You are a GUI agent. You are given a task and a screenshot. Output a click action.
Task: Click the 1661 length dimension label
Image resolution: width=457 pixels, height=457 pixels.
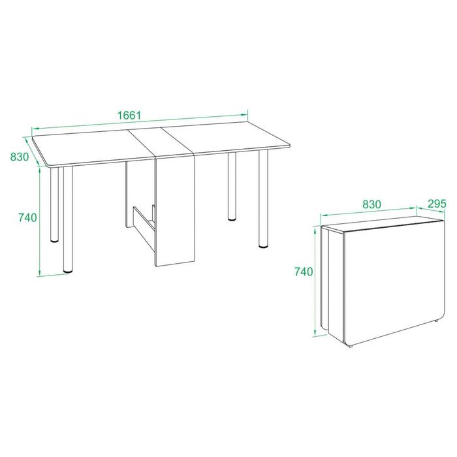(x=129, y=115)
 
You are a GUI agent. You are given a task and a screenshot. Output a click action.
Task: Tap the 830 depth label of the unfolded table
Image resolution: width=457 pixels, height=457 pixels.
(x=20, y=157)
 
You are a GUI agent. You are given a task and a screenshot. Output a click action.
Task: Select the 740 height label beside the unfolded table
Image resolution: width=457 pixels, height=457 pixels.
(x=27, y=217)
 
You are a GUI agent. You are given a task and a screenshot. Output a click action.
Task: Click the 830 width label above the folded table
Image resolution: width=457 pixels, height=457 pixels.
(x=371, y=204)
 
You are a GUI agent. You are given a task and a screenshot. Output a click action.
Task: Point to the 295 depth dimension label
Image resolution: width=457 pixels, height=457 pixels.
(x=437, y=204)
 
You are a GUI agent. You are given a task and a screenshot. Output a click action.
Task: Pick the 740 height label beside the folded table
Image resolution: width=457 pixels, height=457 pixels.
(x=304, y=272)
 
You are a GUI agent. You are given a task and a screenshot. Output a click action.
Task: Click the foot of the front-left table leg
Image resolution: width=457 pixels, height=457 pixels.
(x=68, y=271)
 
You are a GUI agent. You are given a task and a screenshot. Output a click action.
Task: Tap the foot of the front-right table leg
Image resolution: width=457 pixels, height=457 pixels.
(x=264, y=246)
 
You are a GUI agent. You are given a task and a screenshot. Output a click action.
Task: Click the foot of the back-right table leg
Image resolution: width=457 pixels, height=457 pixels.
(x=232, y=218)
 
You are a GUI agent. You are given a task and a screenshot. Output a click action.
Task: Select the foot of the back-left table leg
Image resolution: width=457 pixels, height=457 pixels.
(x=54, y=240)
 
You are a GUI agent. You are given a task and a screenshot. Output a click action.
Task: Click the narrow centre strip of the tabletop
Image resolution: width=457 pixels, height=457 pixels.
(x=161, y=142)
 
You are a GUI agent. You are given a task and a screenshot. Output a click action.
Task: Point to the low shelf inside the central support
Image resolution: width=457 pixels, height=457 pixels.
(x=144, y=227)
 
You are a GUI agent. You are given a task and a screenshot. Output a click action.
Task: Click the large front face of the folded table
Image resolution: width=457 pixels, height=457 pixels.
(x=394, y=281)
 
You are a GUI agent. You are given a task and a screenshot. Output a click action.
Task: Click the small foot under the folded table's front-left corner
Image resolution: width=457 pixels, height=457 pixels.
(x=351, y=346)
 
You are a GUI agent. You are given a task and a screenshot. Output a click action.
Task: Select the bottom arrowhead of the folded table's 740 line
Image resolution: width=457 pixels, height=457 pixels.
(x=315, y=332)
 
